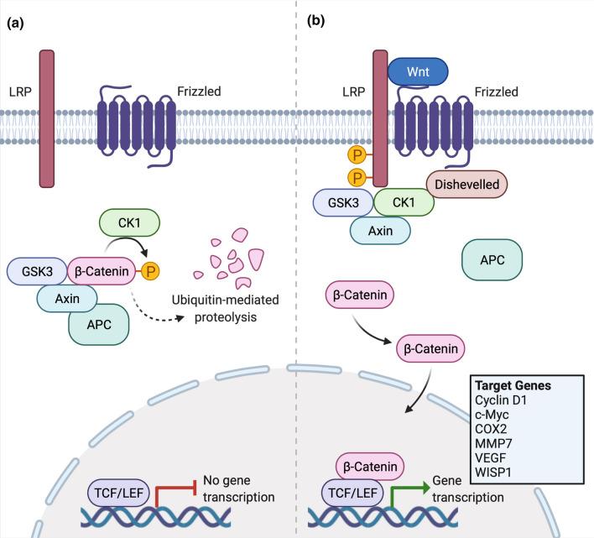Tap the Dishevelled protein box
click(x=466, y=183)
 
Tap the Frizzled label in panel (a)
click(x=199, y=90)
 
